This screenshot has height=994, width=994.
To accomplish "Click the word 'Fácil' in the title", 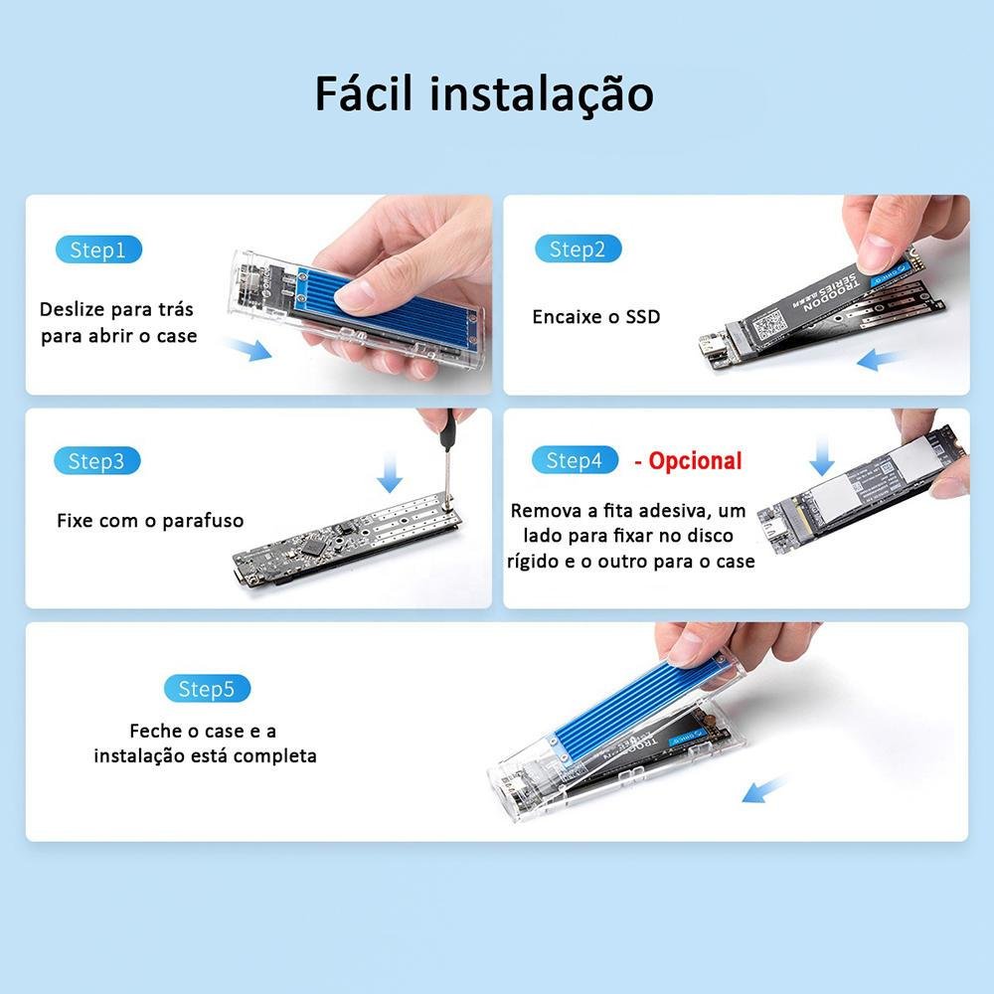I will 366,92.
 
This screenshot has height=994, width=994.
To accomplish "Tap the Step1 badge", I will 98,249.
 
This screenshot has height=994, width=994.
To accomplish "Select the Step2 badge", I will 578,249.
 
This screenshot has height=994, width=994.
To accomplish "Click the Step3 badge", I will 96,461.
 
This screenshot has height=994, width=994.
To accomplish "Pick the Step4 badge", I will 575,461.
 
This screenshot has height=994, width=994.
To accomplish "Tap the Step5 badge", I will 207,689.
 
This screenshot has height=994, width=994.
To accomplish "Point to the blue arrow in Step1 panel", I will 248,349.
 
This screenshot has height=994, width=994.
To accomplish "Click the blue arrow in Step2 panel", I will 879,358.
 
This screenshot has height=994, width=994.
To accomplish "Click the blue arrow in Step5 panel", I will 764,790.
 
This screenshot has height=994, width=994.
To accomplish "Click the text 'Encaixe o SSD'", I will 595,317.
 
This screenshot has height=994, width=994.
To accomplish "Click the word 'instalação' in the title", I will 542,92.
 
